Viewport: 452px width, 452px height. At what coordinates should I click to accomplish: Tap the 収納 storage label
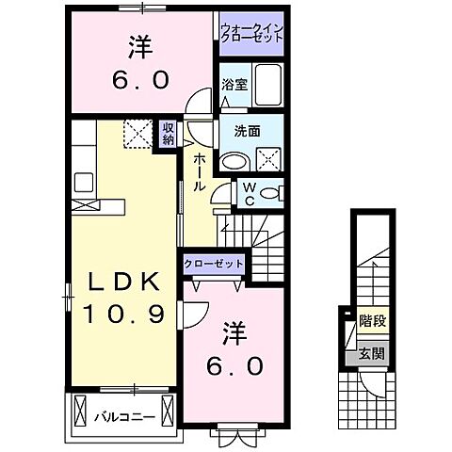(x=168, y=134)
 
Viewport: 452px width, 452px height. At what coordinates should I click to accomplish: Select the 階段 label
(x=372, y=321)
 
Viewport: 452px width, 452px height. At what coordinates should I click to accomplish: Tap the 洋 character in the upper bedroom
(x=141, y=45)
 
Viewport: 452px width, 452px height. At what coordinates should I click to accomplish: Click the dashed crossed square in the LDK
(x=139, y=137)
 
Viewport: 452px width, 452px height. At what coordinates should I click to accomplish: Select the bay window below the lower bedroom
(x=232, y=436)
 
